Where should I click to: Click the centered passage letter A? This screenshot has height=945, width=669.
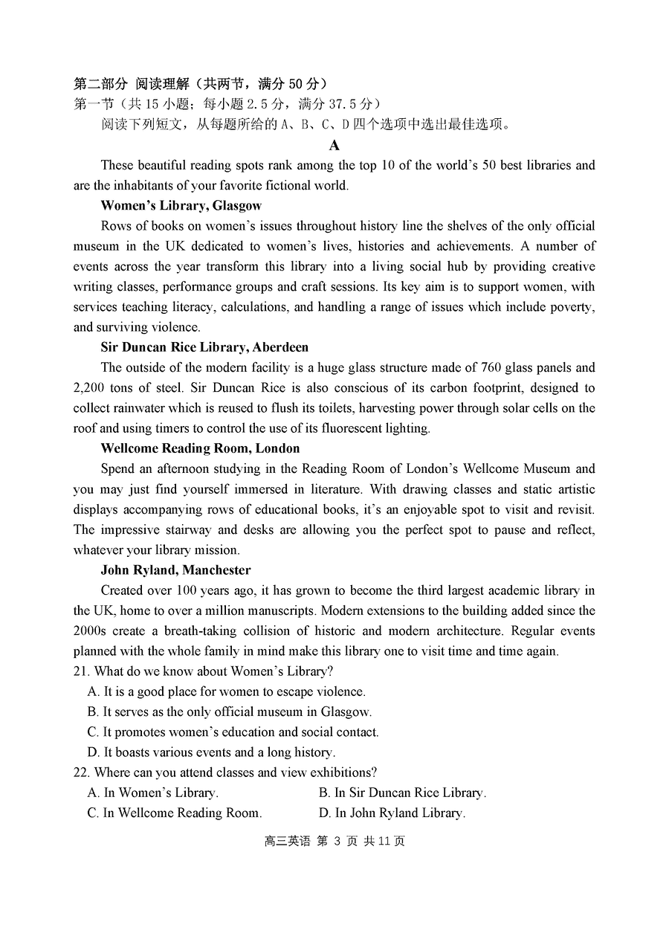pos(334,145)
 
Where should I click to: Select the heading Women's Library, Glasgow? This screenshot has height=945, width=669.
pos(181,205)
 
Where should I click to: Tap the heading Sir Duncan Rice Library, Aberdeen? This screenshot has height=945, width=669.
pos(204,347)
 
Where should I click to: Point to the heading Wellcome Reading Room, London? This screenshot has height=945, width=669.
pos(200,448)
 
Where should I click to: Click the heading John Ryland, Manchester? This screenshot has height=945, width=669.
pos(175,570)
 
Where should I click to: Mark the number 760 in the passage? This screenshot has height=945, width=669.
pos(491,367)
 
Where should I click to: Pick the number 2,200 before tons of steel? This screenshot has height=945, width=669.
pos(89,387)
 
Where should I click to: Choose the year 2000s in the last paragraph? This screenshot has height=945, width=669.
pos(90,630)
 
